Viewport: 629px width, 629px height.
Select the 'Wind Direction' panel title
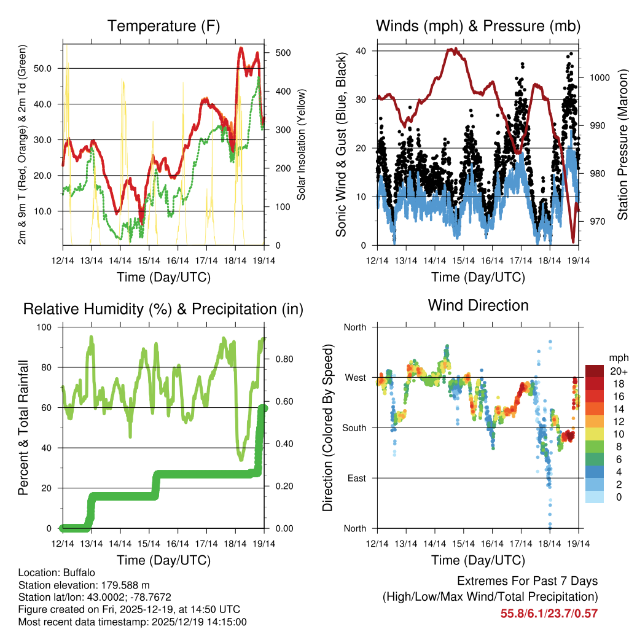478,305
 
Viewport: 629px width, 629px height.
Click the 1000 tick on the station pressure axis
598,77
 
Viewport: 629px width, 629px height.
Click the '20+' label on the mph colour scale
618,371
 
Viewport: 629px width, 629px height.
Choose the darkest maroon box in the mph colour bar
595,371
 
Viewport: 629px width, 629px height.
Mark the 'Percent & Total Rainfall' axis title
23,428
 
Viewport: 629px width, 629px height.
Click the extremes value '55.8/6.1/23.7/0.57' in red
549,613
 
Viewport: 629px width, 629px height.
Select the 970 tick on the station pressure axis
595,221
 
